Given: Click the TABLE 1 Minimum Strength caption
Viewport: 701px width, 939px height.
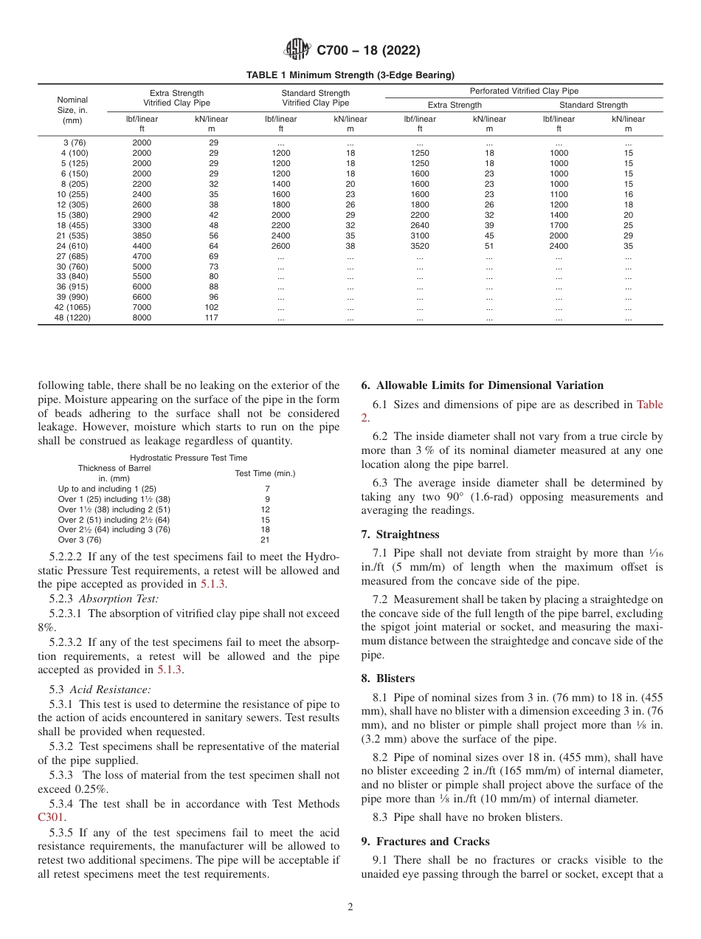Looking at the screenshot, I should click(x=350, y=75).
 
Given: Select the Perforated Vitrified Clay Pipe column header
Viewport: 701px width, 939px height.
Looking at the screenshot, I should click(x=524, y=91).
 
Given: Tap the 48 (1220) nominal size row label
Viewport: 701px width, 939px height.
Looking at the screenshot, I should click(x=72, y=318).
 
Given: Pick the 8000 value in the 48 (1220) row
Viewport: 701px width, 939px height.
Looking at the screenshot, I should click(x=142, y=318).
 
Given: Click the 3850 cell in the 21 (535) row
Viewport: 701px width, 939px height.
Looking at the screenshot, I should click(x=142, y=235).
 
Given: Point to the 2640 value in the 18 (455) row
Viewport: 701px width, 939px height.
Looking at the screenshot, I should click(x=419, y=225).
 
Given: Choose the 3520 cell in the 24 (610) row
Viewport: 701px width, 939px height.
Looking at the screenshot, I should click(x=419, y=246).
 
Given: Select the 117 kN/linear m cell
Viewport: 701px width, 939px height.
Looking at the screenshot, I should click(x=213, y=318).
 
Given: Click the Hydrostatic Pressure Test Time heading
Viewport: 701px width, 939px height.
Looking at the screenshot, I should click(x=189, y=458).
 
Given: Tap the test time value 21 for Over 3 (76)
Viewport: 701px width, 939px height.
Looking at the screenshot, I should click(x=266, y=540).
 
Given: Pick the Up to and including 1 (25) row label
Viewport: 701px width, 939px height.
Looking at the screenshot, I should click(x=107, y=489).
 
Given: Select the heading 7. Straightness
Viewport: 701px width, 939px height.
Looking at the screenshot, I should click(x=399, y=534).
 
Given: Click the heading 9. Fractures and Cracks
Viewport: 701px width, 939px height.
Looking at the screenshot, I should click(x=425, y=841).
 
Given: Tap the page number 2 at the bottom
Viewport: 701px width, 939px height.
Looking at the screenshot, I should click(x=350, y=907).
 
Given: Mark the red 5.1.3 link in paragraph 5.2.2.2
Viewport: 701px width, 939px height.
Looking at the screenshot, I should click(x=214, y=583).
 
